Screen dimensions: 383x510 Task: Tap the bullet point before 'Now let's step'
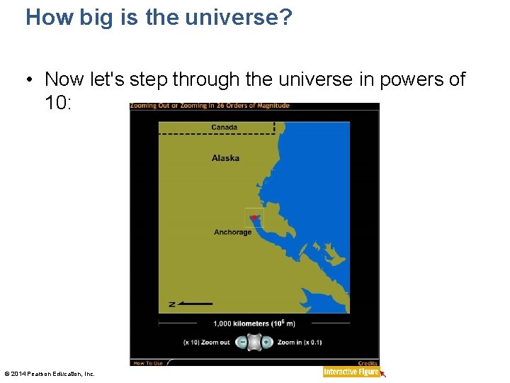pyautogui.click(x=32, y=79)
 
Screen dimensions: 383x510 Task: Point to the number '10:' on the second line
pyautogui.click(x=58, y=103)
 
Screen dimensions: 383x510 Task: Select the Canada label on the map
pyautogui.click(x=225, y=128)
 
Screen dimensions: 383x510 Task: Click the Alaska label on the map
pyautogui.click(x=225, y=158)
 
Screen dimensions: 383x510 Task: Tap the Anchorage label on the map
pyautogui.click(x=232, y=233)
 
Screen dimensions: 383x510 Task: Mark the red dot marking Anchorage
pyautogui.click(x=254, y=218)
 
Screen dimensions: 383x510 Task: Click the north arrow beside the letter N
pyautogui.click(x=195, y=304)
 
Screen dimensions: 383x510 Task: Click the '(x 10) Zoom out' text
pyautogui.click(x=206, y=343)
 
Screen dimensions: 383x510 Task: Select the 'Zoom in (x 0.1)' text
pyautogui.click(x=300, y=343)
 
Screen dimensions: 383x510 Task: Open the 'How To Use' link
pyautogui.click(x=148, y=363)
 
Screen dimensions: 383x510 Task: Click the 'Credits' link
pyautogui.click(x=368, y=363)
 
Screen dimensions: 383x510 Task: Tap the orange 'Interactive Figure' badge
pyautogui.click(x=351, y=372)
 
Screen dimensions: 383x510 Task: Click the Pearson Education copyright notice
pyautogui.click(x=50, y=374)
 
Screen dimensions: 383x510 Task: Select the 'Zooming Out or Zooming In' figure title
pyautogui.click(x=210, y=106)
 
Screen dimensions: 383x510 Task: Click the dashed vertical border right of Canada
pyautogui.click(x=274, y=127)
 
